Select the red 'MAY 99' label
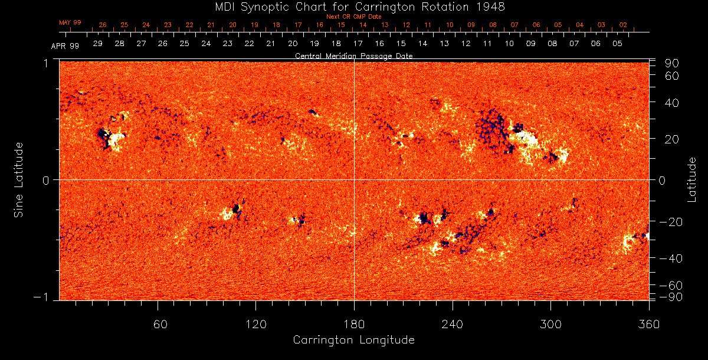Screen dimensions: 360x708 point(70,22)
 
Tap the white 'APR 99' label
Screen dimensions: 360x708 point(65,45)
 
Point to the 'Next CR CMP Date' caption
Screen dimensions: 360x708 point(353,17)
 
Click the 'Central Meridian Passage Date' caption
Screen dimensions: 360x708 point(353,56)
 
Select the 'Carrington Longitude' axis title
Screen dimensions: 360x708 point(353,340)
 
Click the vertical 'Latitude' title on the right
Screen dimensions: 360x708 point(691,179)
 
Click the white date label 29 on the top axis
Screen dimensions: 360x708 point(98,44)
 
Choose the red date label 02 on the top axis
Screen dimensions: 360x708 point(623,25)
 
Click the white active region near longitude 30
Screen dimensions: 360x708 point(116,139)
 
